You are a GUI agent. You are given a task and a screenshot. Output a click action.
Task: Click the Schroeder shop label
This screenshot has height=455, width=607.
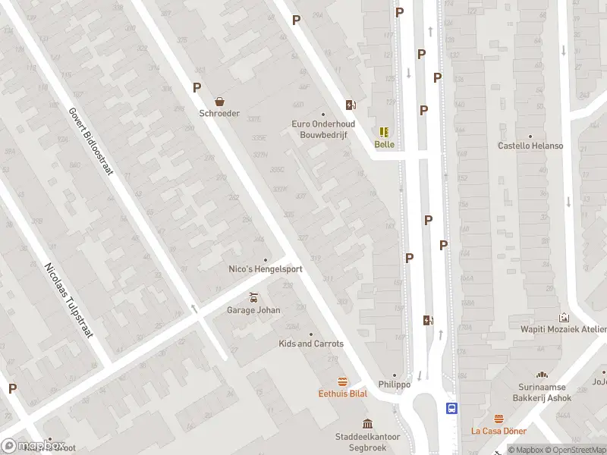(x=219, y=114)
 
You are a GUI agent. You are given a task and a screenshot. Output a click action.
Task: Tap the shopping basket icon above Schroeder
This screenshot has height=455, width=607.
(x=219, y=101)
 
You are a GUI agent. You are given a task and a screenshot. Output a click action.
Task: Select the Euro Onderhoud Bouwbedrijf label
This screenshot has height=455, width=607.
(x=322, y=129)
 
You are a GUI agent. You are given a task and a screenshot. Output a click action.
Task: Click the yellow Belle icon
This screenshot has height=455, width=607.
(x=384, y=131)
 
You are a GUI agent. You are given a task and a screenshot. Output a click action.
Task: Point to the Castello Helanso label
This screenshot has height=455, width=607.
(x=530, y=146)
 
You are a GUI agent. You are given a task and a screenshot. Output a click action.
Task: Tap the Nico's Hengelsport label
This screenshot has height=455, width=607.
(x=266, y=269)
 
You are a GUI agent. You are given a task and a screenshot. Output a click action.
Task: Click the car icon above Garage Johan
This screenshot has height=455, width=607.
(x=253, y=297)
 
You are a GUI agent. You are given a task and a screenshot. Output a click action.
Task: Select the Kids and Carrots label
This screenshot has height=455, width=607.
(x=311, y=344)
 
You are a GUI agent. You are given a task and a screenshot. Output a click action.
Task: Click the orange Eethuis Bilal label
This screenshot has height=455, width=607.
(x=342, y=394)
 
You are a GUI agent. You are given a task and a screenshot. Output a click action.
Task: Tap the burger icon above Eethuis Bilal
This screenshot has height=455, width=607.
(x=342, y=381)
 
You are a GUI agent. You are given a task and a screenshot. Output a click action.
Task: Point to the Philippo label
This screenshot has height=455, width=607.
(x=395, y=384)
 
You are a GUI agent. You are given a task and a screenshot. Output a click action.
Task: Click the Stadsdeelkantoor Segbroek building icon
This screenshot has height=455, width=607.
(x=367, y=423)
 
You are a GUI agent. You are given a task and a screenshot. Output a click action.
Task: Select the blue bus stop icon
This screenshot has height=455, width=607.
(x=452, y=408)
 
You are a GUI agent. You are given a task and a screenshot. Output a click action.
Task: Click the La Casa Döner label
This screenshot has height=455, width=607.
(x=498, y=431)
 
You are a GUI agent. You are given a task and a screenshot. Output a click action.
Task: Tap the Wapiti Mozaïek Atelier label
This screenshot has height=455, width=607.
(x=564, y=329)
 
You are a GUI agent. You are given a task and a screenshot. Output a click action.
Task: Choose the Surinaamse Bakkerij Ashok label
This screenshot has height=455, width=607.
(x=542, y=392)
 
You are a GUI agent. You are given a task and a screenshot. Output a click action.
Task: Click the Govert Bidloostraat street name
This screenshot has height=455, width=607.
(x=90, y=140)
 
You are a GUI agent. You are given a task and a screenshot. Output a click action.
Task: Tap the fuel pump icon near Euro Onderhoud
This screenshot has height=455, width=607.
(x=351, y=105)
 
